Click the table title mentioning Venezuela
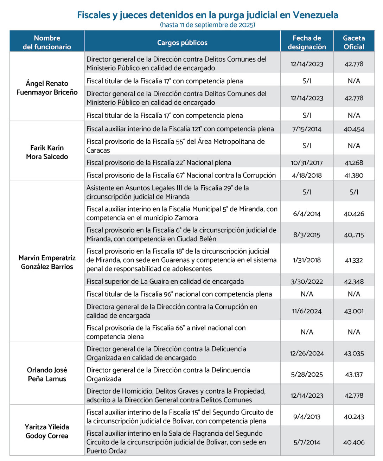pyautogui.click(x=208, y=15)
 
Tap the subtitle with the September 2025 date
pyautogui.click(x=208, y=25)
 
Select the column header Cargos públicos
pyautogui.click(x=182, y=43)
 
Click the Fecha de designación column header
pyautogui.click(x=307, y=43)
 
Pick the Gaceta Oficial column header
pyautogui.click(x=354, y=43)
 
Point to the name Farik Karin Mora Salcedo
pyautogui.click(x=47, y=152)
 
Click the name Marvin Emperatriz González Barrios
pyautogui.click(x=47, y=262)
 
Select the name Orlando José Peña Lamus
pyautogui.click(x=47, y=374)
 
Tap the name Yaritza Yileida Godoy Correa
pyautogui.click(x=47, y=431)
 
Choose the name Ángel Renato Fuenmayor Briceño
pyautogui.click(x=47, y=88)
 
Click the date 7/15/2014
pyautogui.click(x=307, y=129)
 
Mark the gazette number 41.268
pyautogui.click(x=354, y=163)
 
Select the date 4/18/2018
pyautogui.click(x=307, y=175)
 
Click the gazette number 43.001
pyautogui.click(x=354, y=311)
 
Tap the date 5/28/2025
pyautogui.click(x=307, y=374)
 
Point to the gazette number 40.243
pyautogui.click(x=354, y=417)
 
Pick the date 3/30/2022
pyautogui.click(x=307, y=282)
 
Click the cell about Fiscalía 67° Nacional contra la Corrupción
pyautogui.click(x=181, y=175)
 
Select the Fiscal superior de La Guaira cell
pyautogui.click(x=165, y=282)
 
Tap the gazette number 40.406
pyautogui.click(x=354, y=442)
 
